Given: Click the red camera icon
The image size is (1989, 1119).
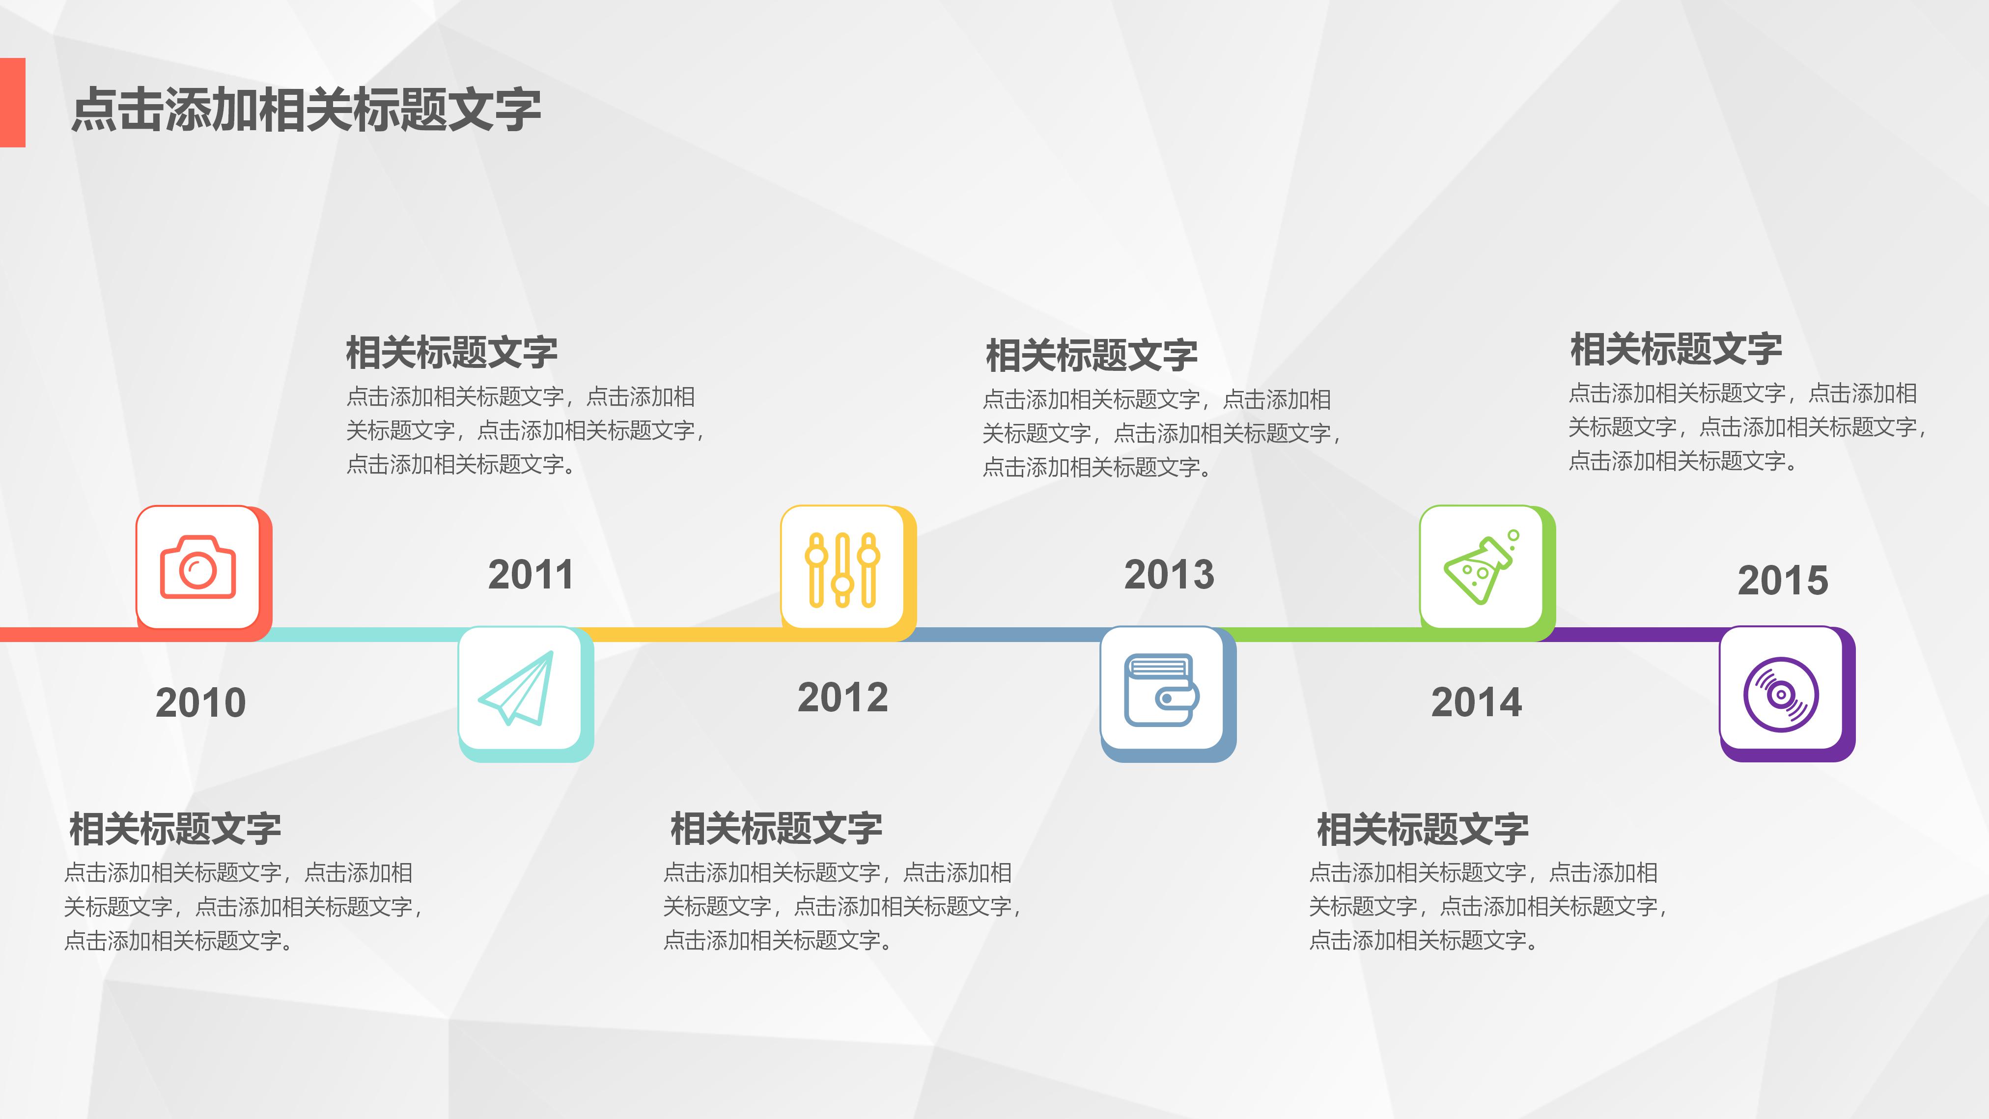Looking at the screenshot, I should click(197, 568).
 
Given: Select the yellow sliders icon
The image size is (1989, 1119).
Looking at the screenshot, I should click(842, 568).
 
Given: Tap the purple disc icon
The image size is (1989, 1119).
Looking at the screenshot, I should click(1781, 694).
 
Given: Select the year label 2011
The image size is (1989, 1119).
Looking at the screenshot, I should click(531, 575).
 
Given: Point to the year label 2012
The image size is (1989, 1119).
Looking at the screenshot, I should click(842, 698).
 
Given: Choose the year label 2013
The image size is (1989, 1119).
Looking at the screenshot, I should click(1169, 575).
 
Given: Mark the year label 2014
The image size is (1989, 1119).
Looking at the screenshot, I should click(1476, 703).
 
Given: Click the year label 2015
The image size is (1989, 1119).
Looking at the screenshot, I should click(1783, 580).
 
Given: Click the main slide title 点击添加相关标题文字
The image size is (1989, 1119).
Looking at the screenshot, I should click(306, 110).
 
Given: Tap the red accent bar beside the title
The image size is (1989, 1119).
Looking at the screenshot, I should click(12, 102).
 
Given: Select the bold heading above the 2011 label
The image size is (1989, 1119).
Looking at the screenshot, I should click(452, 353).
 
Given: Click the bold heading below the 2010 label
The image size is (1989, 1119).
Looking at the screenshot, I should click(175, 829).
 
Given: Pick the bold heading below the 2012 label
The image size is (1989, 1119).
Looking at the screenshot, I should click(776, 829).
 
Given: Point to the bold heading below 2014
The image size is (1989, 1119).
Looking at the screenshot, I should click(1422, 829).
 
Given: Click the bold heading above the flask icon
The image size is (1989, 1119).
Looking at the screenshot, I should click(1676, 349).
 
